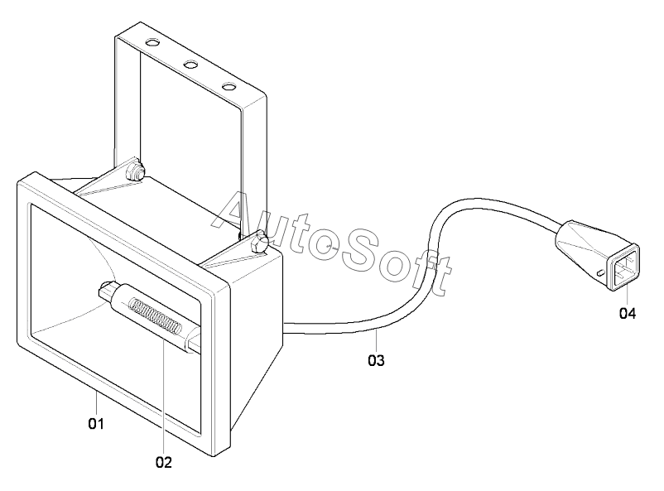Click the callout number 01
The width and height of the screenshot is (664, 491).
point(96,424)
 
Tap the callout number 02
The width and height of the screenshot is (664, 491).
point(163,462)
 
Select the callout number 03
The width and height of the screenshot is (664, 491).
point(376,360)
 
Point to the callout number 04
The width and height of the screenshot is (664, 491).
point(628,314)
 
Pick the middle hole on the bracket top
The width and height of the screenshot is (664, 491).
point(190,64)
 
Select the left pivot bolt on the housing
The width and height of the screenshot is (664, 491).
point(132,172)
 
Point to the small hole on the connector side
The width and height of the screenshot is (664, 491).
point(598,272)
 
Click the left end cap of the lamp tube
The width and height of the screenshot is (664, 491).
point(106,291)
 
